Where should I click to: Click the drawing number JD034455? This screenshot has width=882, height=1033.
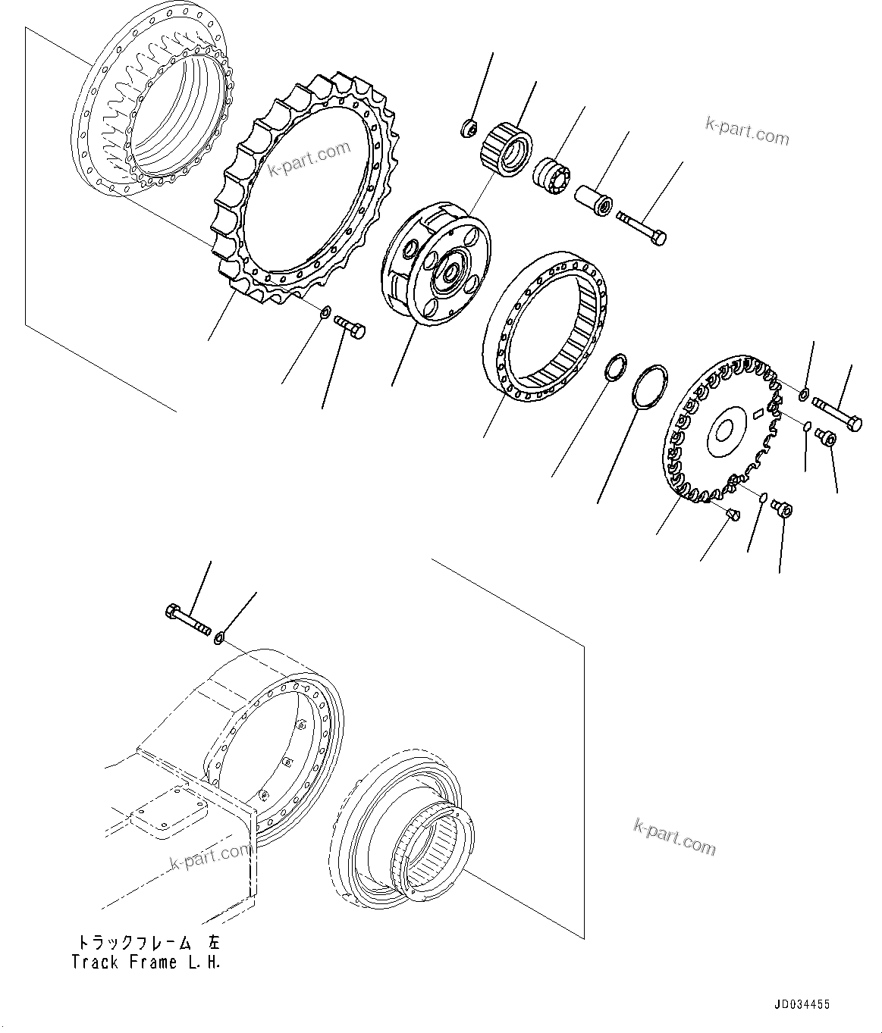[802, 1005]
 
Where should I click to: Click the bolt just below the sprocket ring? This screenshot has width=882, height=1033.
[350, 326]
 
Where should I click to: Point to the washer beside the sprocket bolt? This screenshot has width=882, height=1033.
[324, 311]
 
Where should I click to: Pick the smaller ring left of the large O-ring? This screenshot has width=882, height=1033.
[616, 365]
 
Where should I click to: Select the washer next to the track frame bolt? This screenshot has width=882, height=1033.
[219, 637]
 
